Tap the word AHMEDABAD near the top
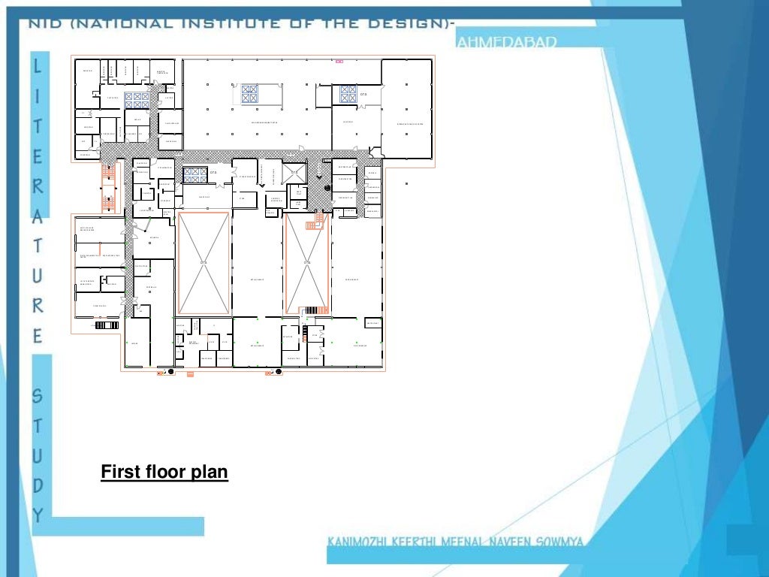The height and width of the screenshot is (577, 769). point(506,43)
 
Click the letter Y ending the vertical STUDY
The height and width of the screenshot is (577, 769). point(38,515)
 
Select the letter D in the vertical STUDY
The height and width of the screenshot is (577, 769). point(38,485)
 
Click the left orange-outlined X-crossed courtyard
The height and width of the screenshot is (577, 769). point(204,262)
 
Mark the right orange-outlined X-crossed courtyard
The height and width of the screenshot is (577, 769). point(306,262)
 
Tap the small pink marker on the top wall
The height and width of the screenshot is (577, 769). point(339,61)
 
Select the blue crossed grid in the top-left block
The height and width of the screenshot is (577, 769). point(137,100)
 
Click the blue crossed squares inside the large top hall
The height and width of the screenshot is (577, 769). point(249,94)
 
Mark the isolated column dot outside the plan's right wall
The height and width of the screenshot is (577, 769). point(406,183)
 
